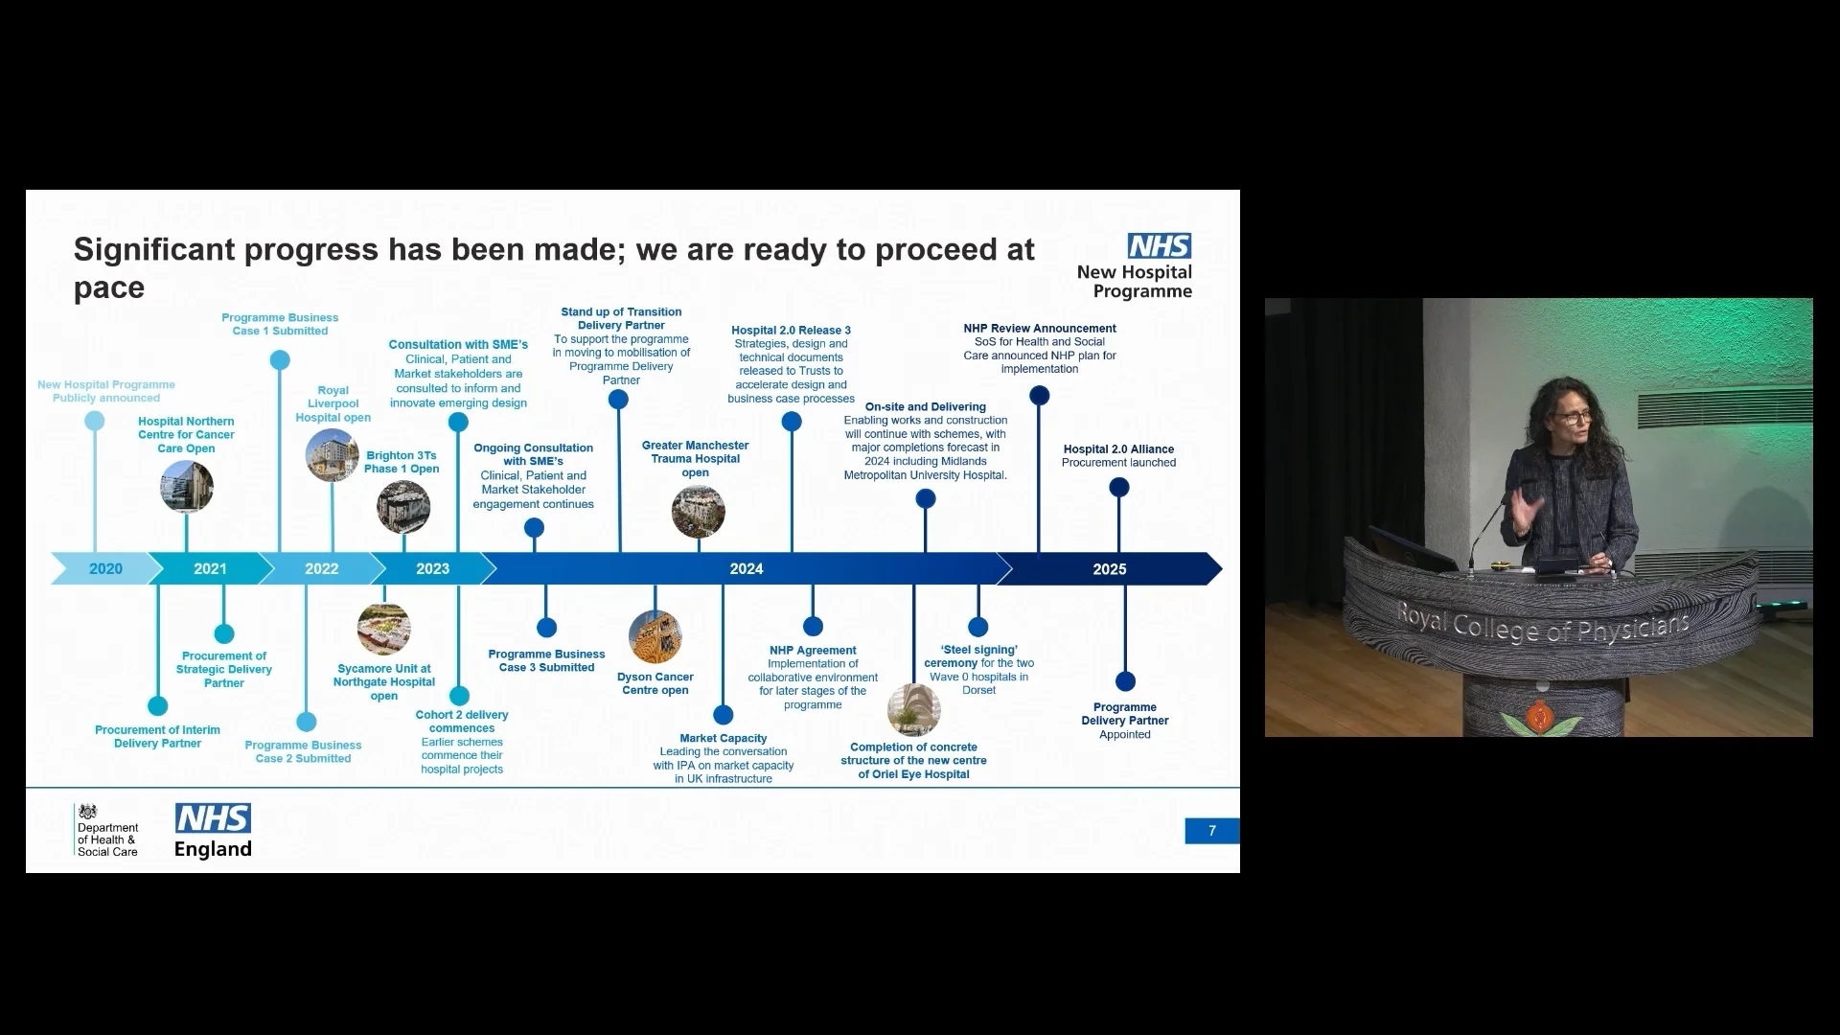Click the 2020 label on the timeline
coord(105,569)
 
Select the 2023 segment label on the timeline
coord(432,569)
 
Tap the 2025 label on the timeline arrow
coord(1109,569)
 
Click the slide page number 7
coord(1211,831)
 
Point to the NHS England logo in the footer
coord(213,831)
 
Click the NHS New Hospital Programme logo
coord(1137,266)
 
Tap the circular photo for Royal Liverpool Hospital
coord(332,455)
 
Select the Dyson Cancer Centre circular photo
coord(655,637)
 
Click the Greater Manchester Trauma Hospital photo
coord(698,511)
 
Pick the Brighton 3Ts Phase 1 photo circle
coord(403,507)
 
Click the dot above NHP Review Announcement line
coord(1039,396)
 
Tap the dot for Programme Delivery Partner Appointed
coord(1125,681)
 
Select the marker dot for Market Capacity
coord(724,715)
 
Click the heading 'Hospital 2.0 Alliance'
coord(1118,449)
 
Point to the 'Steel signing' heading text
coord(979,650)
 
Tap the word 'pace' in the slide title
coord(109,287)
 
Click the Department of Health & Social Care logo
coord(106,831)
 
